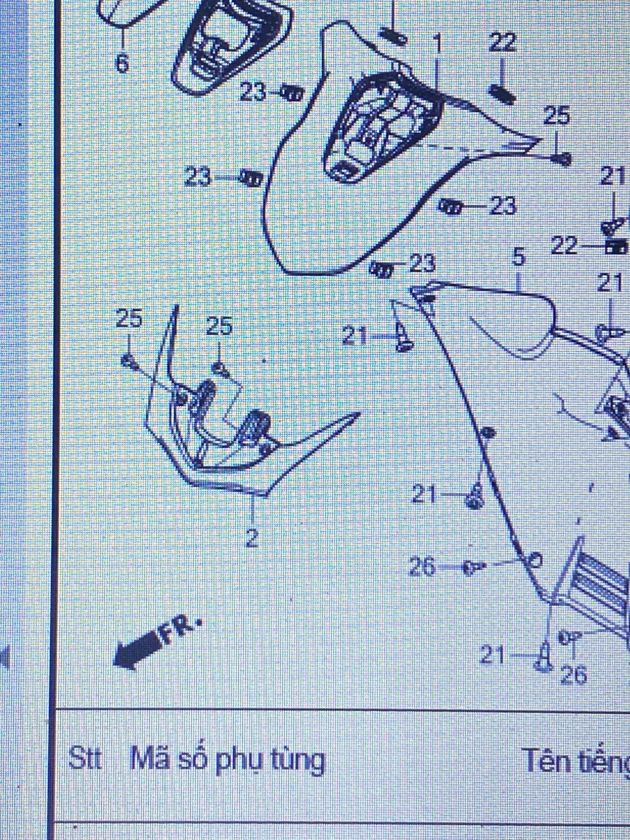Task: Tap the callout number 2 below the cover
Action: click(x=251, y=538)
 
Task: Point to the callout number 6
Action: click(x=122, y=64)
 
